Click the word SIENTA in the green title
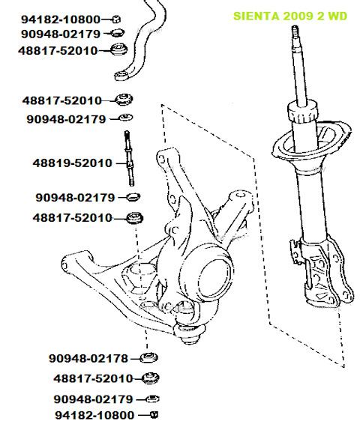click(x=256, y=16)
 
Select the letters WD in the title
click(x=337, y=16)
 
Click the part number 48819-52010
click(x=73, y=163)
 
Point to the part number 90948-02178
click(x=88, y=358)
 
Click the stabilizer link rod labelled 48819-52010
click(x=129, y=158)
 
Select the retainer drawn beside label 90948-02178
click(x=148, y=357)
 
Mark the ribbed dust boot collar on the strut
click(x=302, y=112)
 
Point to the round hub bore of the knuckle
click(x=214, y=279)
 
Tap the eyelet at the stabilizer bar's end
click(x=122, y=75)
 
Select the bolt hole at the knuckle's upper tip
click(x=161, y=159)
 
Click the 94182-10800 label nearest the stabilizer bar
click(x=61, y=19)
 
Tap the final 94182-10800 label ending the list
click(x=94, y=416)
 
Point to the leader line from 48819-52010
click(x=121, y=163)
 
